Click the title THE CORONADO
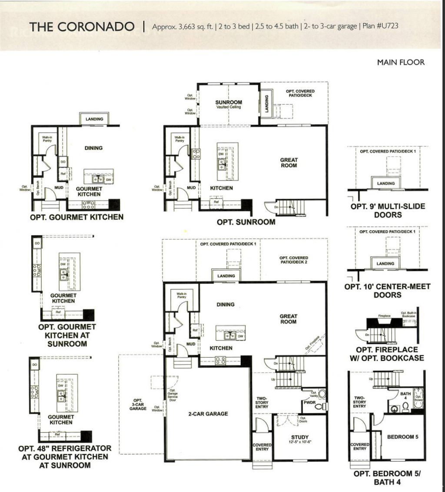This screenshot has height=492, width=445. pos(82,27)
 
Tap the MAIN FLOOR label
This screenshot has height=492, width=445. pos(400,62)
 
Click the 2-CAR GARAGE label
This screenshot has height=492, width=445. pos(208,414)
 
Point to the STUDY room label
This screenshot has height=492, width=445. pos(300,437)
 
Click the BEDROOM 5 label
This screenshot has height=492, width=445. pos(402,437)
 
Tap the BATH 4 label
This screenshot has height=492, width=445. pos(405,396)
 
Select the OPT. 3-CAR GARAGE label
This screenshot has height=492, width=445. pos(138,404)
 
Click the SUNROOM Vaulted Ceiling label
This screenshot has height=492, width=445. pos(229,104)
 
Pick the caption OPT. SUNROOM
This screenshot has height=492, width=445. pos(246,222)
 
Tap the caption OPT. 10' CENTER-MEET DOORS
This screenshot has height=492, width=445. pos(387,291)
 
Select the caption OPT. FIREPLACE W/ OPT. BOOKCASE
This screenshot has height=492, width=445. pos(387,354)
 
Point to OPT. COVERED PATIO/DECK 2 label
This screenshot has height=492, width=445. pos(294,260)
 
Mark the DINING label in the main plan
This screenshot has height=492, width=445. pos(226,305)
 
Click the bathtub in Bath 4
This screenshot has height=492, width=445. pos(418,398)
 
